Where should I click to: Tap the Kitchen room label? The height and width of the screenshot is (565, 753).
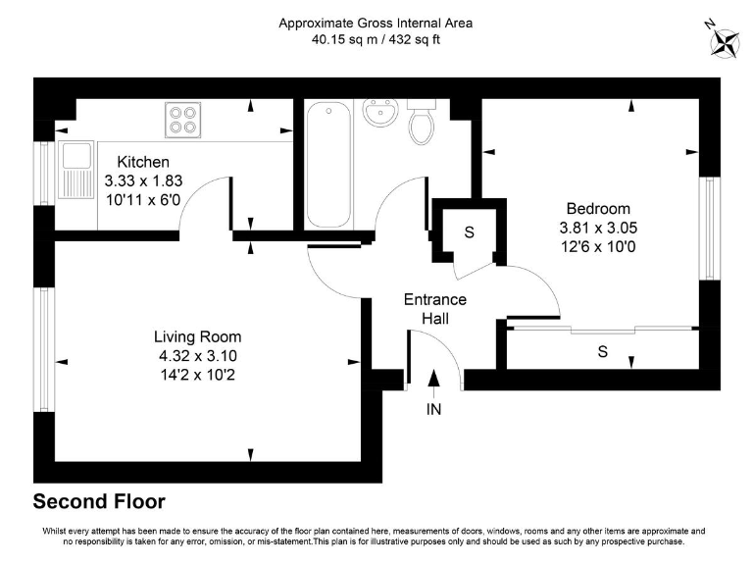point(143,162)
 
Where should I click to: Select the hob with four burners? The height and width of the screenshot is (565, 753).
point(181,119)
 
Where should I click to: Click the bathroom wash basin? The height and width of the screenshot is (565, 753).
point(377,115)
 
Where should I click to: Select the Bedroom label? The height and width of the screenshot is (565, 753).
point(598,209)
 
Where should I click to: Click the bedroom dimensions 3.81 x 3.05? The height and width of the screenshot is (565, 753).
point(598,228)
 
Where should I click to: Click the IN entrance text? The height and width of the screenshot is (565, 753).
point(433,409)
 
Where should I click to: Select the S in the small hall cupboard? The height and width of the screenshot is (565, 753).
point(469,232)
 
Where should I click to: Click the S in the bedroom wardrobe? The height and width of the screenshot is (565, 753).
point(602,350)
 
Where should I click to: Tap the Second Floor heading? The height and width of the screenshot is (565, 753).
point(99,502)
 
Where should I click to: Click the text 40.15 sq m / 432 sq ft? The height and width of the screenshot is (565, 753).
point(376,40)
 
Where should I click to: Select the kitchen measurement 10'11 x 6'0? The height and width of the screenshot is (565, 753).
point(143,199)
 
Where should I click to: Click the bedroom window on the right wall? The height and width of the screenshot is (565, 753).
point(707,228)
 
